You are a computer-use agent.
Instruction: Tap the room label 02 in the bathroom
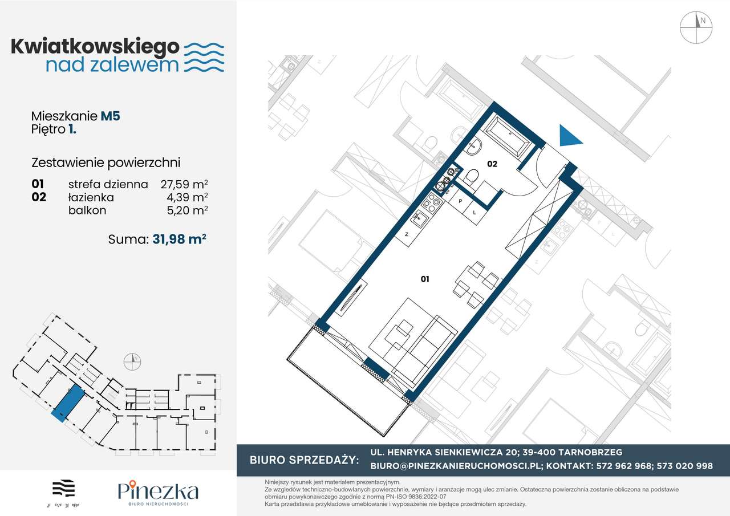(x=492, y=164)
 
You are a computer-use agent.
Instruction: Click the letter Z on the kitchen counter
(x=407, y=234)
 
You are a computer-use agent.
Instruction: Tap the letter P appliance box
(x=460, y=201)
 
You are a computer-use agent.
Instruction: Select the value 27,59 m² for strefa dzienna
(x=182, y=184)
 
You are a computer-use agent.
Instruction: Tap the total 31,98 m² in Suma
(x=179, y=239)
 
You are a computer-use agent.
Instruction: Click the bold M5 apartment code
(x=110, y=116)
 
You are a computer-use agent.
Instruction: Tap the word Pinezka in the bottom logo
(x=158, y=490)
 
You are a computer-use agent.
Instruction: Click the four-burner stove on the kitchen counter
(x=432, y=201)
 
